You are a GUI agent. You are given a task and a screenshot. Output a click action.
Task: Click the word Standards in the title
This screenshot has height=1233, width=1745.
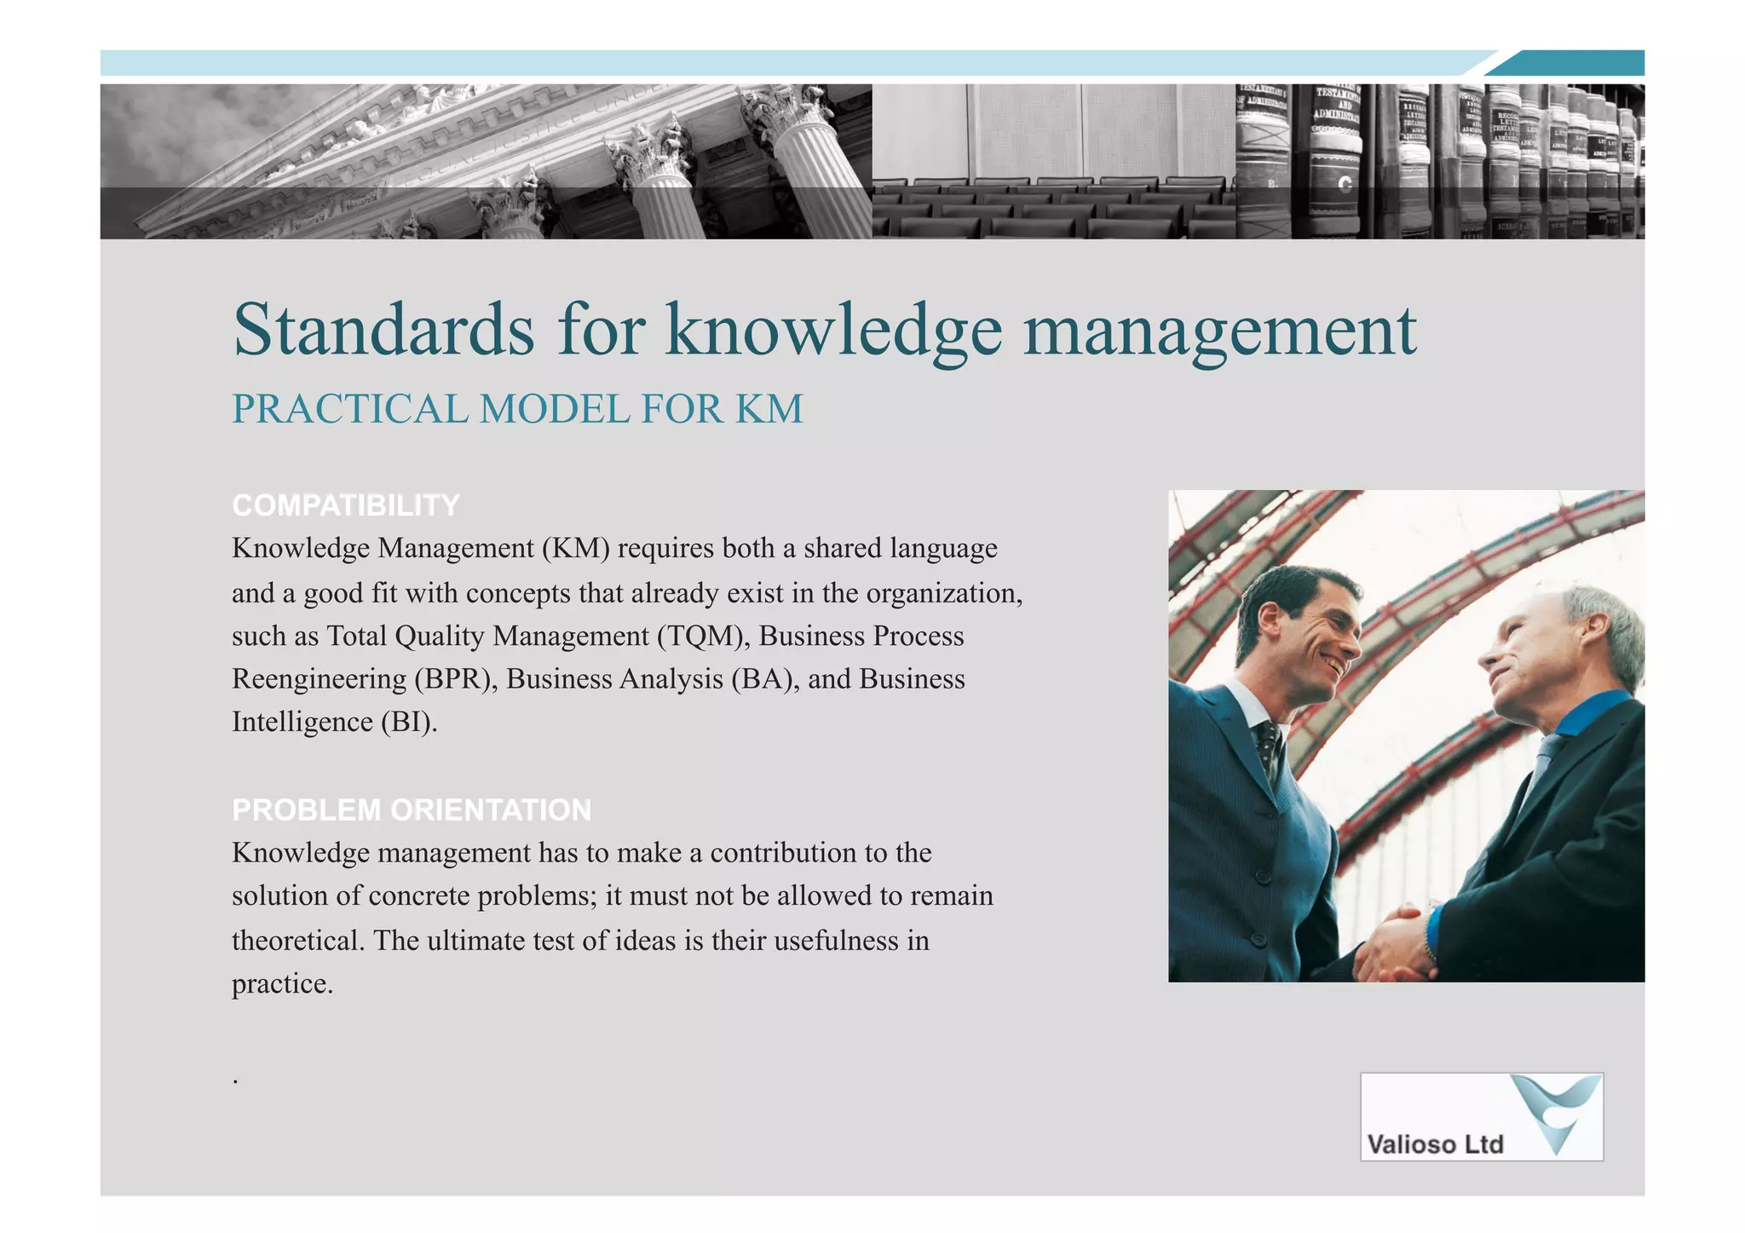[383, 330]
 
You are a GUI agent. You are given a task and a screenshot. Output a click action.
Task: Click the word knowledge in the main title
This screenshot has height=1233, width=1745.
[833, 331]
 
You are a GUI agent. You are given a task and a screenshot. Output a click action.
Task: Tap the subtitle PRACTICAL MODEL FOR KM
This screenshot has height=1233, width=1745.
[517, 409]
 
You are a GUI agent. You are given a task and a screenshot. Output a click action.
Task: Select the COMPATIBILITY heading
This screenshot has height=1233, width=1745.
[345, 505]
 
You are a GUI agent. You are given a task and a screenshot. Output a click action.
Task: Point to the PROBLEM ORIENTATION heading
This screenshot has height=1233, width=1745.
[411, 810]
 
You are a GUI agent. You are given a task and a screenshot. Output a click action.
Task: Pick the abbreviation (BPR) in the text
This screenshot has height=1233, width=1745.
[456, 679]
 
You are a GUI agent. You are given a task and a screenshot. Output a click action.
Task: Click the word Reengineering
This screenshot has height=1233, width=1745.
[319, 680]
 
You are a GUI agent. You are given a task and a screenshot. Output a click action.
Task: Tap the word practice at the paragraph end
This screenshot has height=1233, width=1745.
[280, 984]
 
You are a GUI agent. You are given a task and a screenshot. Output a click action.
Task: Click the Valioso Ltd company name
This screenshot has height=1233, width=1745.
[1435, 1144]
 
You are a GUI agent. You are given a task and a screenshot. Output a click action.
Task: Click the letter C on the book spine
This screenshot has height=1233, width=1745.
[1345, 184]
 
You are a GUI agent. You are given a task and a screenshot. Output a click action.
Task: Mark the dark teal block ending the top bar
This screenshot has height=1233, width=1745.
[1576, 63]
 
